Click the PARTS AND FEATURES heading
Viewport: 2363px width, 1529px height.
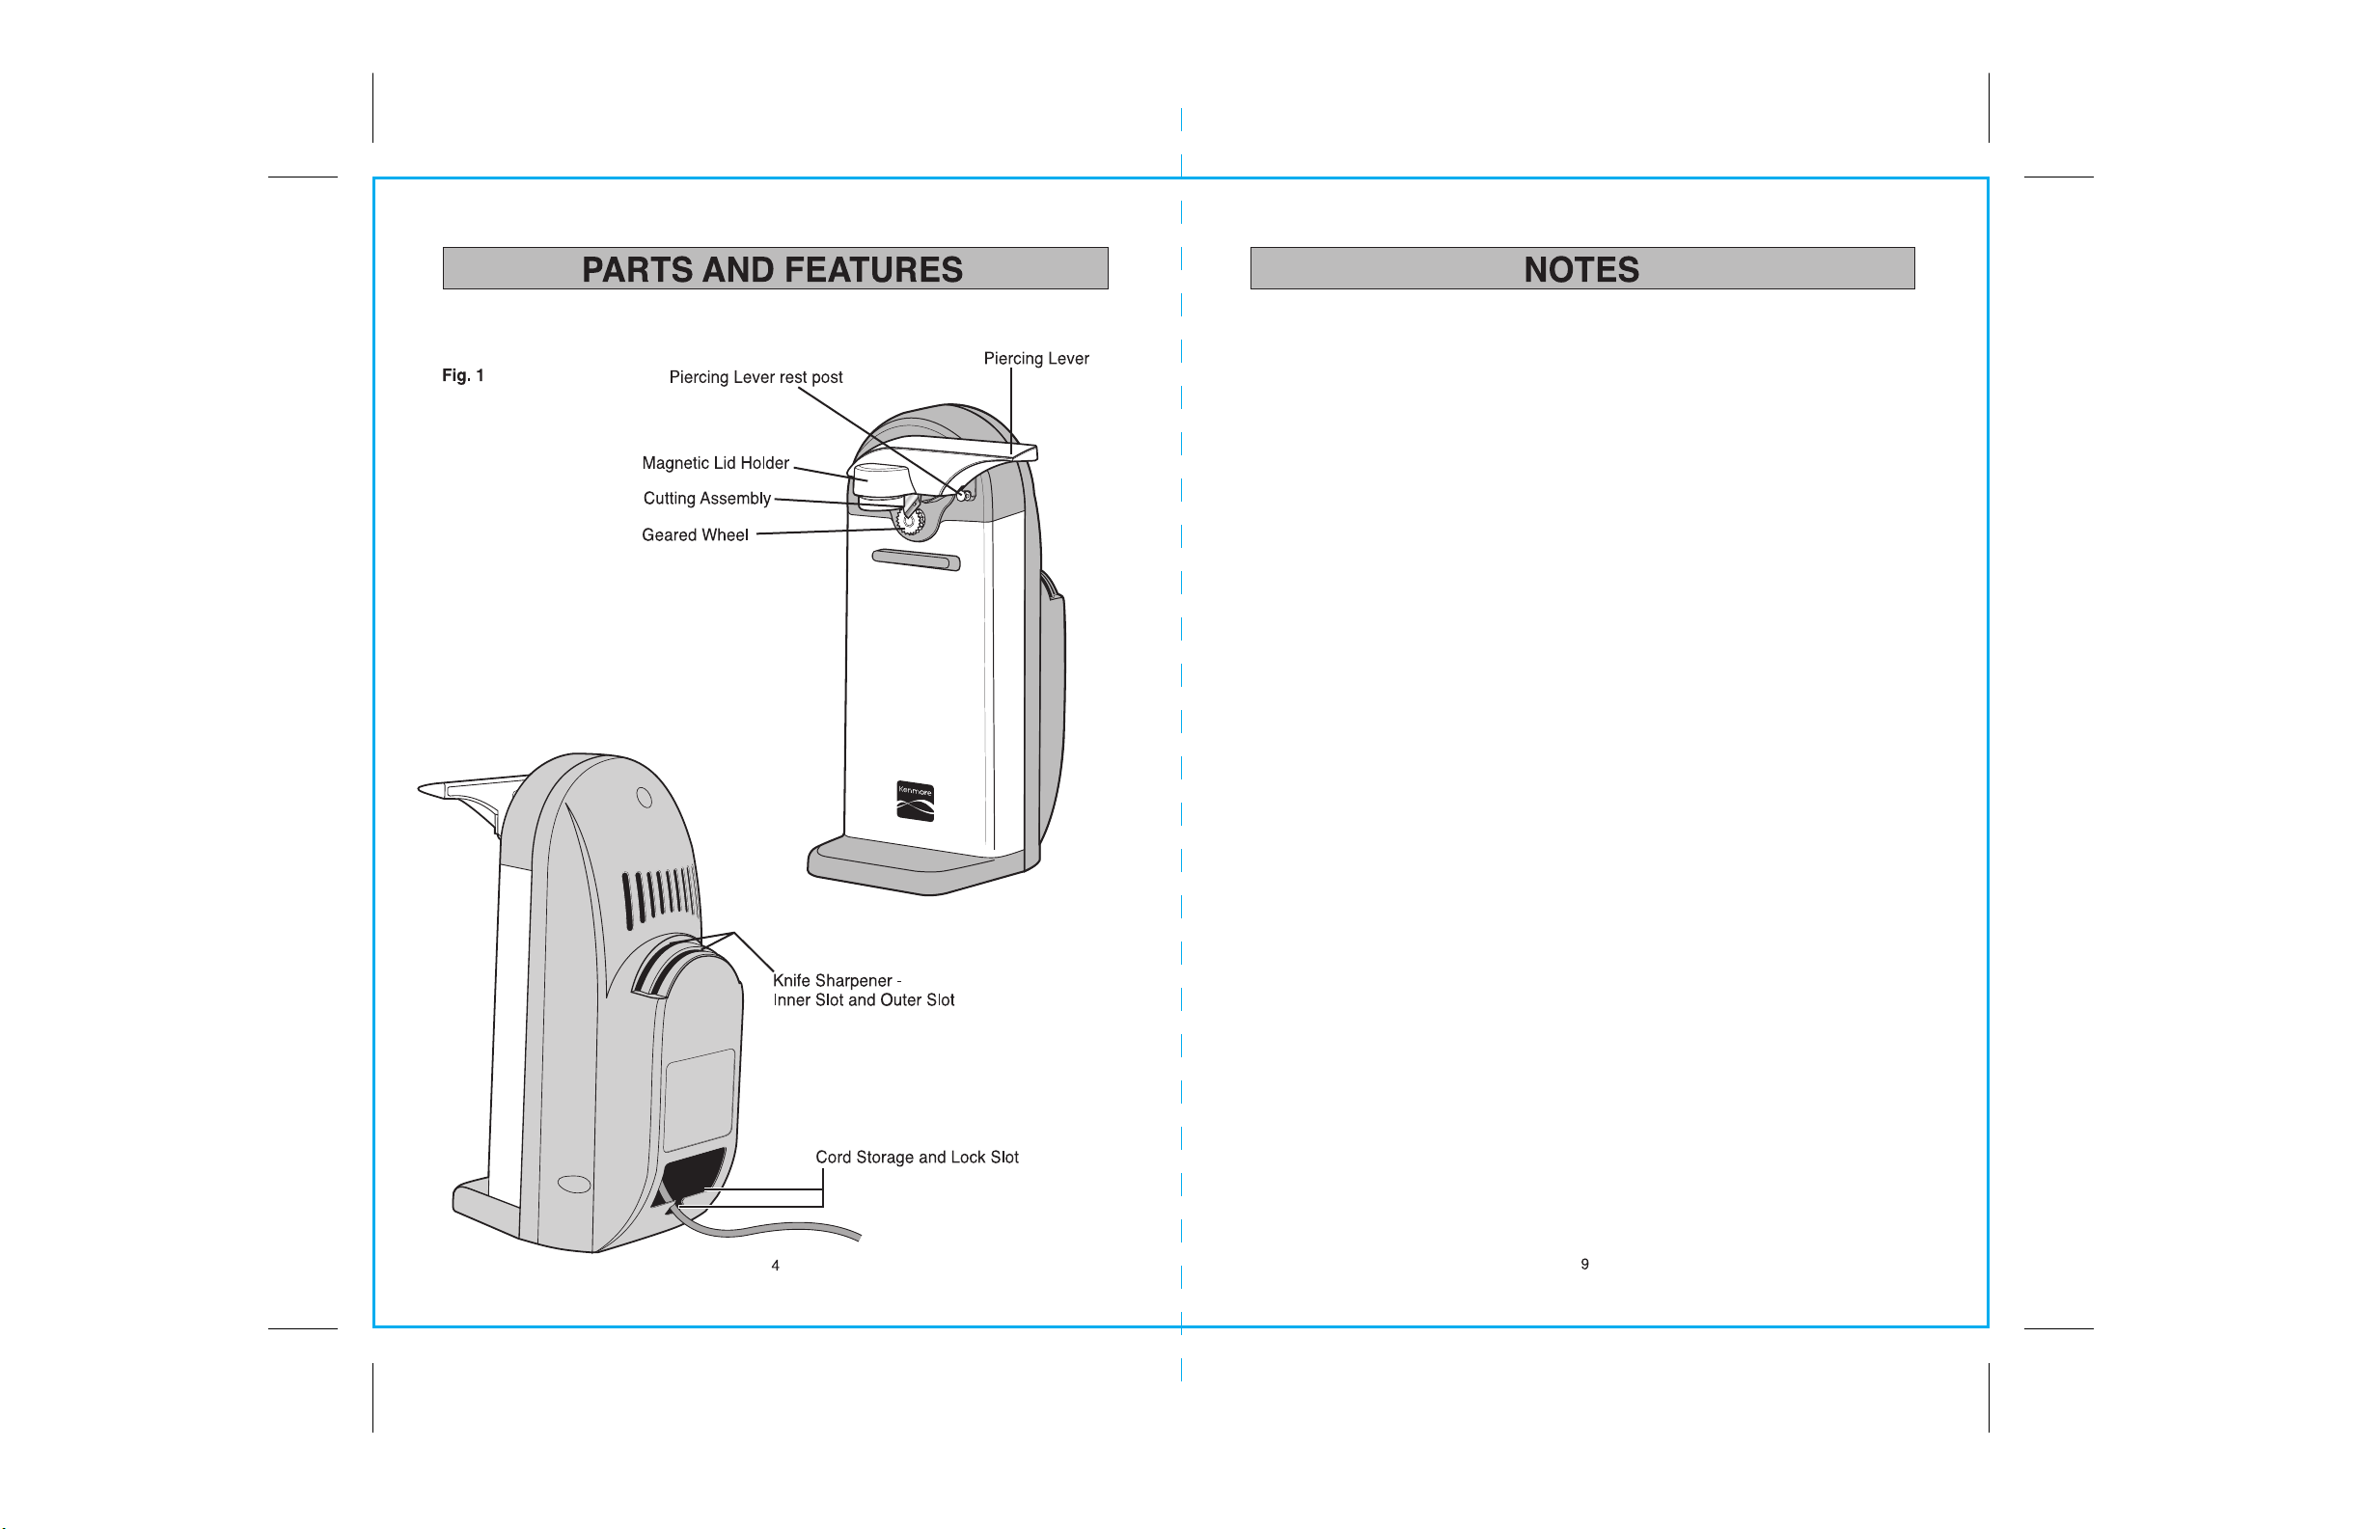(x=773, y=269)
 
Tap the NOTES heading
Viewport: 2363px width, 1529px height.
(x=1581, y=269)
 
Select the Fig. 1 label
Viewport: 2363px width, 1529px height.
(x=463, y=375)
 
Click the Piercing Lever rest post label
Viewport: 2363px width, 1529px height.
(x=756, y=377)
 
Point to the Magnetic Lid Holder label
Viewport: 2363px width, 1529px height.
(x=715, y=463)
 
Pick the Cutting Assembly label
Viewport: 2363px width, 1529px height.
(x=707, y=499)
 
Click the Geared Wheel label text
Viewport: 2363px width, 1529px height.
(x=695, y=535)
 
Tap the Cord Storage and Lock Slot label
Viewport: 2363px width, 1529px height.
(x=918, y=1158)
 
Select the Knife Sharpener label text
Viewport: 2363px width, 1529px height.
(x=864, y=991)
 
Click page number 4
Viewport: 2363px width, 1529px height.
(x=776, y=1266)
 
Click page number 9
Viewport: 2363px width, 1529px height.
(x=1584, y=1264)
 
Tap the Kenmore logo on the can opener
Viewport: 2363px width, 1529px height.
(x=916, y=802)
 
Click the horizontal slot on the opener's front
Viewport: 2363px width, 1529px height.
(x=917, y=559)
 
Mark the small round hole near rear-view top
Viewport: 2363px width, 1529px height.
(x=645, y=797)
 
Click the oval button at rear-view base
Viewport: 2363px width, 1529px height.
(x=574, y=1185)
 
